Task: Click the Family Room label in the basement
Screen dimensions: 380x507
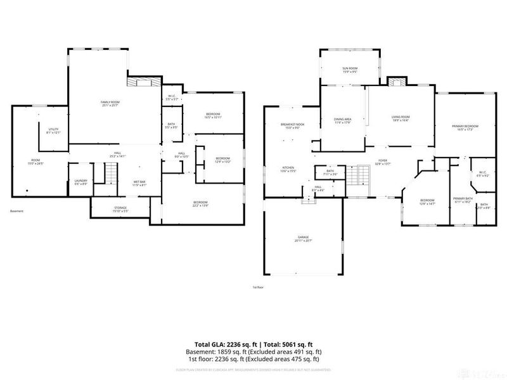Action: (110, 103)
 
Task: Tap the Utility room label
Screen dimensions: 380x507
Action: (53, 130)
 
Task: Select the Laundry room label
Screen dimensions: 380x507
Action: (80, 182)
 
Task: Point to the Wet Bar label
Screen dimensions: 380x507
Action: (139, 184)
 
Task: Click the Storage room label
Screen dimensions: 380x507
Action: (120, 209)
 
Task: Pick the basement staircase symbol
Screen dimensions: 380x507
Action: (112, 172)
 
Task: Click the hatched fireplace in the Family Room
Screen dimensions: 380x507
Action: (141, 81)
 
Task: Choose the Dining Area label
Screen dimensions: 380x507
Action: (342, 120)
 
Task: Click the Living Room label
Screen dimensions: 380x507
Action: (400, 118)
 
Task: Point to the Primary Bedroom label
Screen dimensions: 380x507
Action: (465, 128)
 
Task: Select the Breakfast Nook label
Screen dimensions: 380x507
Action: (292, 126)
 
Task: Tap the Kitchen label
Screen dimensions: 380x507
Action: (289, 169)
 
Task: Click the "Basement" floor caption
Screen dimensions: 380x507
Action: (18, 211)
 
